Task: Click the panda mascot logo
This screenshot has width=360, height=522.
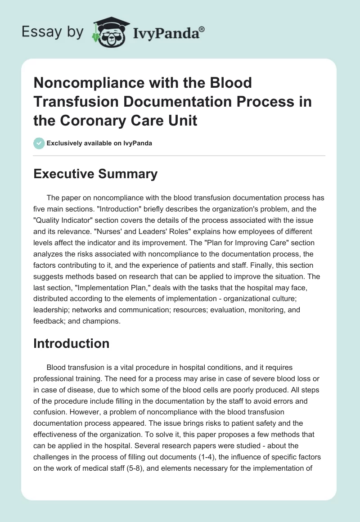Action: click(109, 31)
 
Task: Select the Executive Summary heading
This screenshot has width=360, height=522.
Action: click(95, 174)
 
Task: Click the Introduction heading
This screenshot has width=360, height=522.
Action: click(72, 343)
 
